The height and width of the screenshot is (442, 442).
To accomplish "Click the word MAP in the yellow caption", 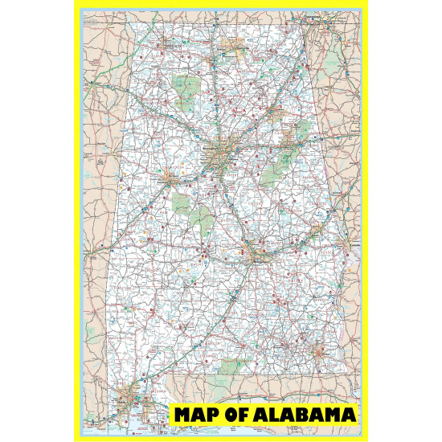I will [x=196, y=415].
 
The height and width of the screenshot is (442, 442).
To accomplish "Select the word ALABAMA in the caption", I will [x=305, y=415].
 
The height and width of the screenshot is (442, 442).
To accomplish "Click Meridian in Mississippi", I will [x=94, y=256].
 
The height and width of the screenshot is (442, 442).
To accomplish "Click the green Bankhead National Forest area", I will [x=184, y=84].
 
